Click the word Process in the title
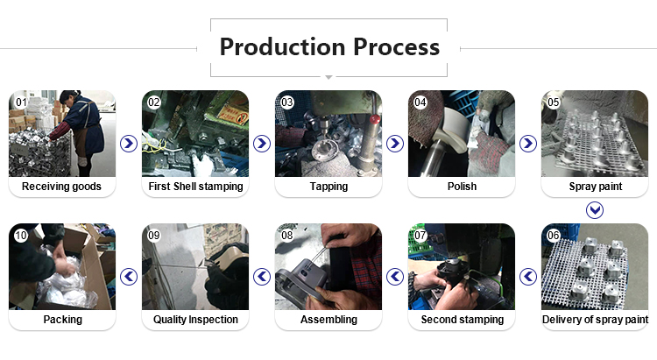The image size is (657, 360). tap(397, 46)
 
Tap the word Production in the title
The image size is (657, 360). tap(283, 46)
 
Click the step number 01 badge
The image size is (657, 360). tap(21, 102)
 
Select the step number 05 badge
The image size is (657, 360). tap(554, 102)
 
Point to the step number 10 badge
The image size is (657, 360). tap(21, 236)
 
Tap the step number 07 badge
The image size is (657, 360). tap(420, 236)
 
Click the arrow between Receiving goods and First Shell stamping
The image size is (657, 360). tap(129, 144)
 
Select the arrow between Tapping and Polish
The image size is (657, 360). tap(395, 144)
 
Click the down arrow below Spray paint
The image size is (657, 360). tap(595, 210)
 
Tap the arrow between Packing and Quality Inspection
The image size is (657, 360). tap(129, 277)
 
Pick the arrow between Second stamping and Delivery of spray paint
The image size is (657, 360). tap(528, 277)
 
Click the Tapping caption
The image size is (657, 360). tap(328, 187)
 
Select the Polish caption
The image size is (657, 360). tap(463, 186)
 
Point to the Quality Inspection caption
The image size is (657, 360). tap(195, 320)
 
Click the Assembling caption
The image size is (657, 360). tap(328, 320)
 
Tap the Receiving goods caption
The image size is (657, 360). tap(61, 187)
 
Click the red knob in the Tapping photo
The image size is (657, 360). tap(375, 119)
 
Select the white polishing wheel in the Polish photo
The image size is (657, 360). tap(453, 128)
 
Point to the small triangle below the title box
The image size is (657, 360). tap(328, 78)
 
